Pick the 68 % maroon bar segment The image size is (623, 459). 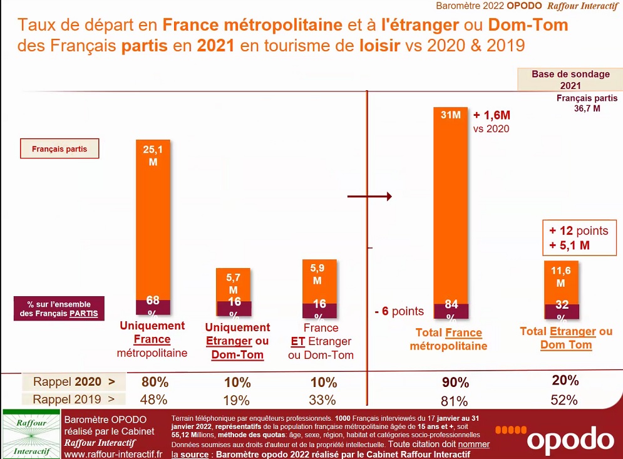click(152, 307)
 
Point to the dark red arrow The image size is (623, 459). click(370, 197)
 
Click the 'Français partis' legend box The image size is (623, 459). click(59, 150)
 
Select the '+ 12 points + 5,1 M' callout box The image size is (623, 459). click(579, 238)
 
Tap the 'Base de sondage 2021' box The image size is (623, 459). click(570, 80)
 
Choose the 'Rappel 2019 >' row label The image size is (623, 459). click(75, 400)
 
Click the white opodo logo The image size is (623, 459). click(553, 438)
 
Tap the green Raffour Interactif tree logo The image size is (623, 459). click(31, 434)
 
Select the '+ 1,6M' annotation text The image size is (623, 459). click(492, 115)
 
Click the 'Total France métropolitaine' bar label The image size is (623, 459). click(448, 339)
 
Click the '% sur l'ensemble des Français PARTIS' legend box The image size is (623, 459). click(59, 309)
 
